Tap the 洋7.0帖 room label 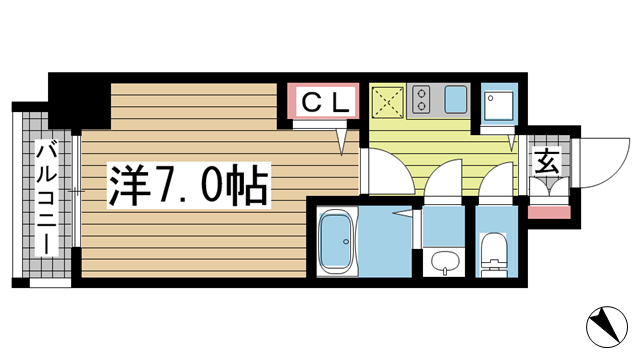189,186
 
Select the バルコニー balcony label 47,198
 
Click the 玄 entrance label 547,162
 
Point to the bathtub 338,243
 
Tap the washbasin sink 444,262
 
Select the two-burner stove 421,99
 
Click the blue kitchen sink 456,99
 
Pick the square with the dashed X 388,101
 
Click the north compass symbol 607,327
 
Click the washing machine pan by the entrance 499,104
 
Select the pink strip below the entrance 549,213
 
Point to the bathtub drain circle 346,242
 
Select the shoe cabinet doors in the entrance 549,187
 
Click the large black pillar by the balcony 80,102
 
